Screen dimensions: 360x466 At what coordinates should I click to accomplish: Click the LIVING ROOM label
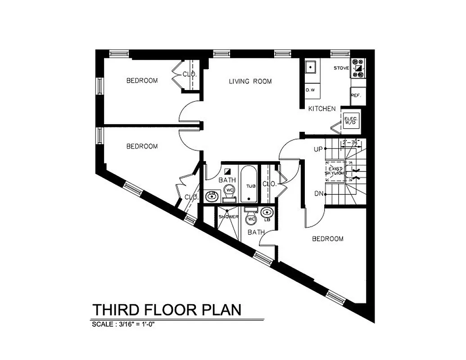250,81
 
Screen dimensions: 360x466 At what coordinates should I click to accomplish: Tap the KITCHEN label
321,108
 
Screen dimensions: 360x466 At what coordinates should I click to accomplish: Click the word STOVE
341,68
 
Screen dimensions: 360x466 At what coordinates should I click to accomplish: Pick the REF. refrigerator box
356,95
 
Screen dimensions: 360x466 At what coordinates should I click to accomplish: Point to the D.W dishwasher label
310,90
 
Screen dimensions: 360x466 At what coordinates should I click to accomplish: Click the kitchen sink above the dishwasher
310,67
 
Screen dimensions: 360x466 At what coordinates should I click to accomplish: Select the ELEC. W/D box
350,120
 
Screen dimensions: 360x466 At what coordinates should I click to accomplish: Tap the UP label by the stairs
318,149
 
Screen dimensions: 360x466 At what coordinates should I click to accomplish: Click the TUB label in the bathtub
251,185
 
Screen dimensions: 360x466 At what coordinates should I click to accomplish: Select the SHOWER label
228,217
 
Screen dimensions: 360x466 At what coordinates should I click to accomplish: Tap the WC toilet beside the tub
230,190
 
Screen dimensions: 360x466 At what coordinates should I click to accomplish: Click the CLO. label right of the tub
269,184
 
